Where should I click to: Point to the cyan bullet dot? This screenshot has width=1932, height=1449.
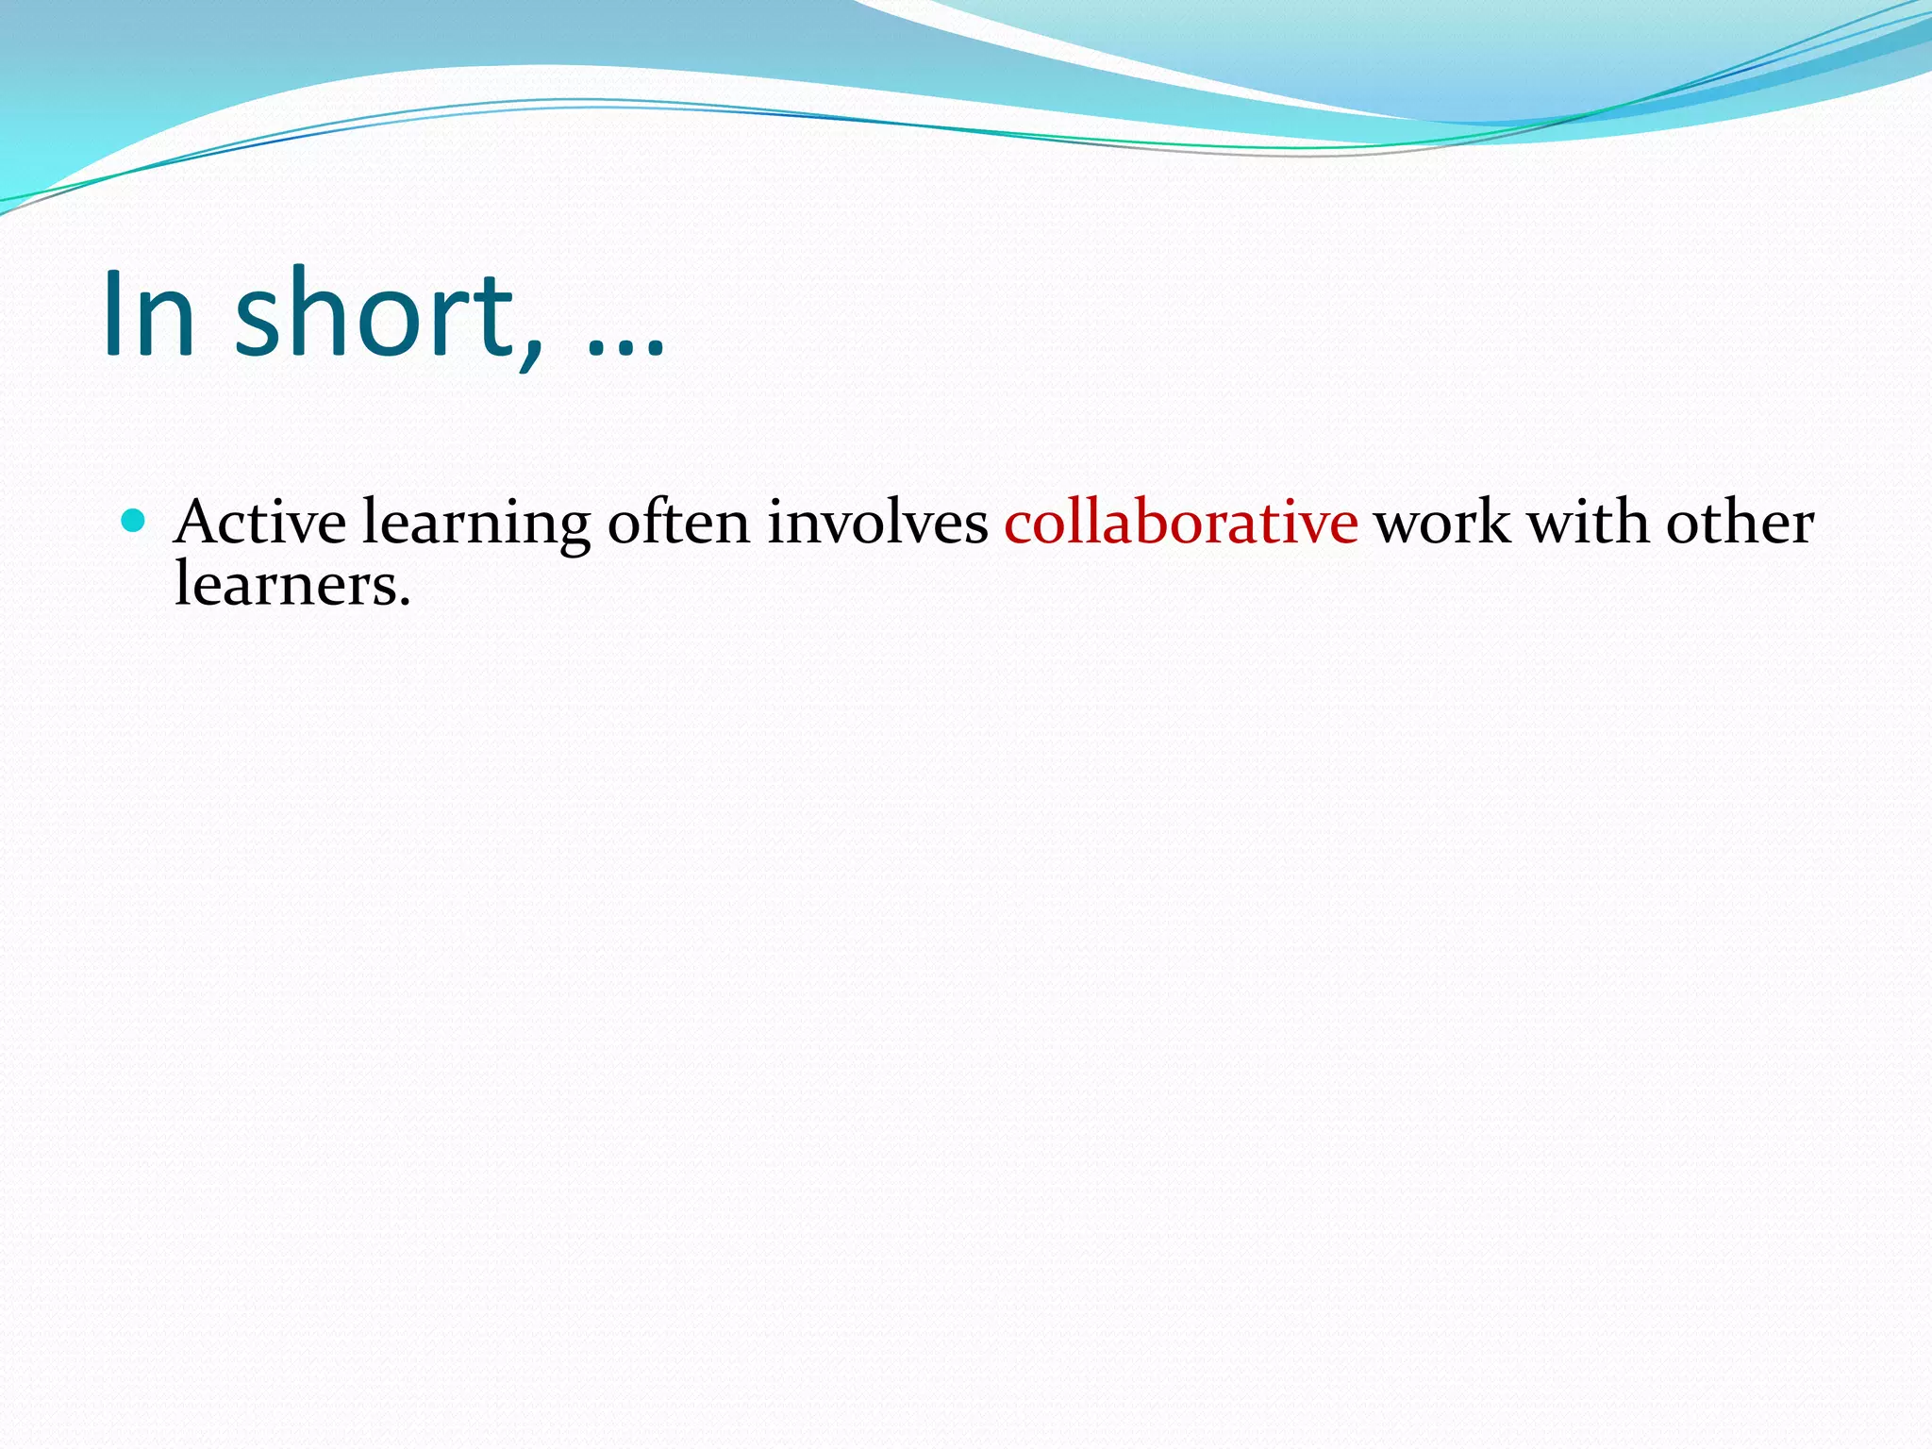[x=134, y=520]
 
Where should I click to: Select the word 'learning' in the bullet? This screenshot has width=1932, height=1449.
[x=476, y=525]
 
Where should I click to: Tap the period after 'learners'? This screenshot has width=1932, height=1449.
[x=405, y=602]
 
